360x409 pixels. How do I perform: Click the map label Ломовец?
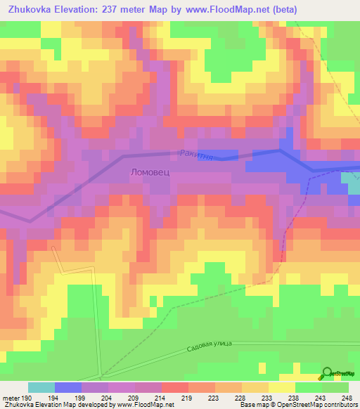(x=150, y=171)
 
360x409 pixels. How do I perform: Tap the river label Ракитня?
(x=195, y=152)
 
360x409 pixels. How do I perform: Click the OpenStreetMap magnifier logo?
(x=327, y=374)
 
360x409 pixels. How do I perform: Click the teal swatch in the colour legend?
(x=41, y=387)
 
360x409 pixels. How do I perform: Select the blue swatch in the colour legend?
(x=68, y=387)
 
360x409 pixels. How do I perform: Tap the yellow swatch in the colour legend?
(x=282, y=387)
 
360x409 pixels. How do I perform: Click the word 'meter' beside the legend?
(x=11, y=398)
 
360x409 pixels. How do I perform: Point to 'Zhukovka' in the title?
(x=31, y=10)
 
